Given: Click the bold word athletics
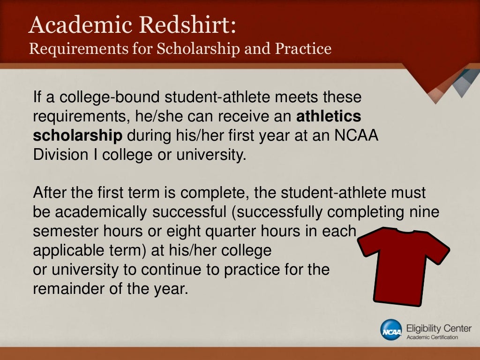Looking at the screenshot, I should (x=329, y=116).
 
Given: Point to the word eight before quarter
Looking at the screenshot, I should (x=199, y=232).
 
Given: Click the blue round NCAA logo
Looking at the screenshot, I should (x=391, y=330).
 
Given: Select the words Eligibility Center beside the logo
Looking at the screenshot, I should (x=439, y=328).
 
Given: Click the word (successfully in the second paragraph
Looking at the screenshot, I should (x=277, y=212).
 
